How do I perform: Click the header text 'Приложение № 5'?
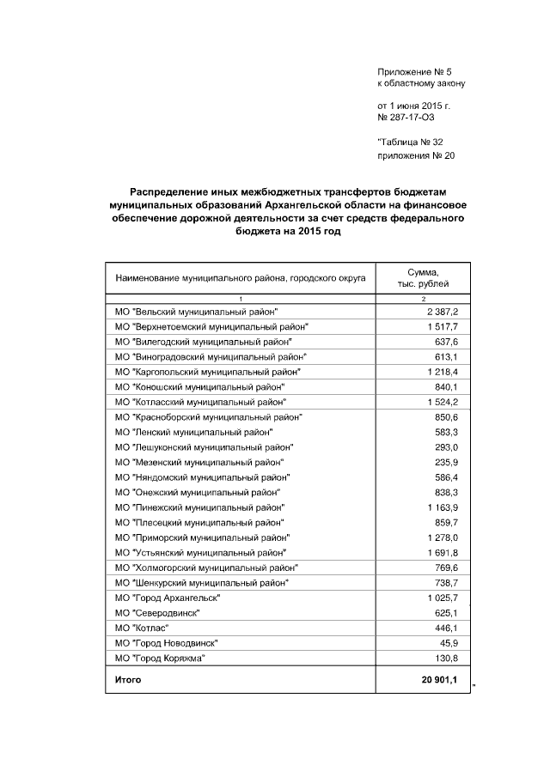click(x=414, y=70)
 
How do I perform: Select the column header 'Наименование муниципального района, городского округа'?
click(x=241, y=278)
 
